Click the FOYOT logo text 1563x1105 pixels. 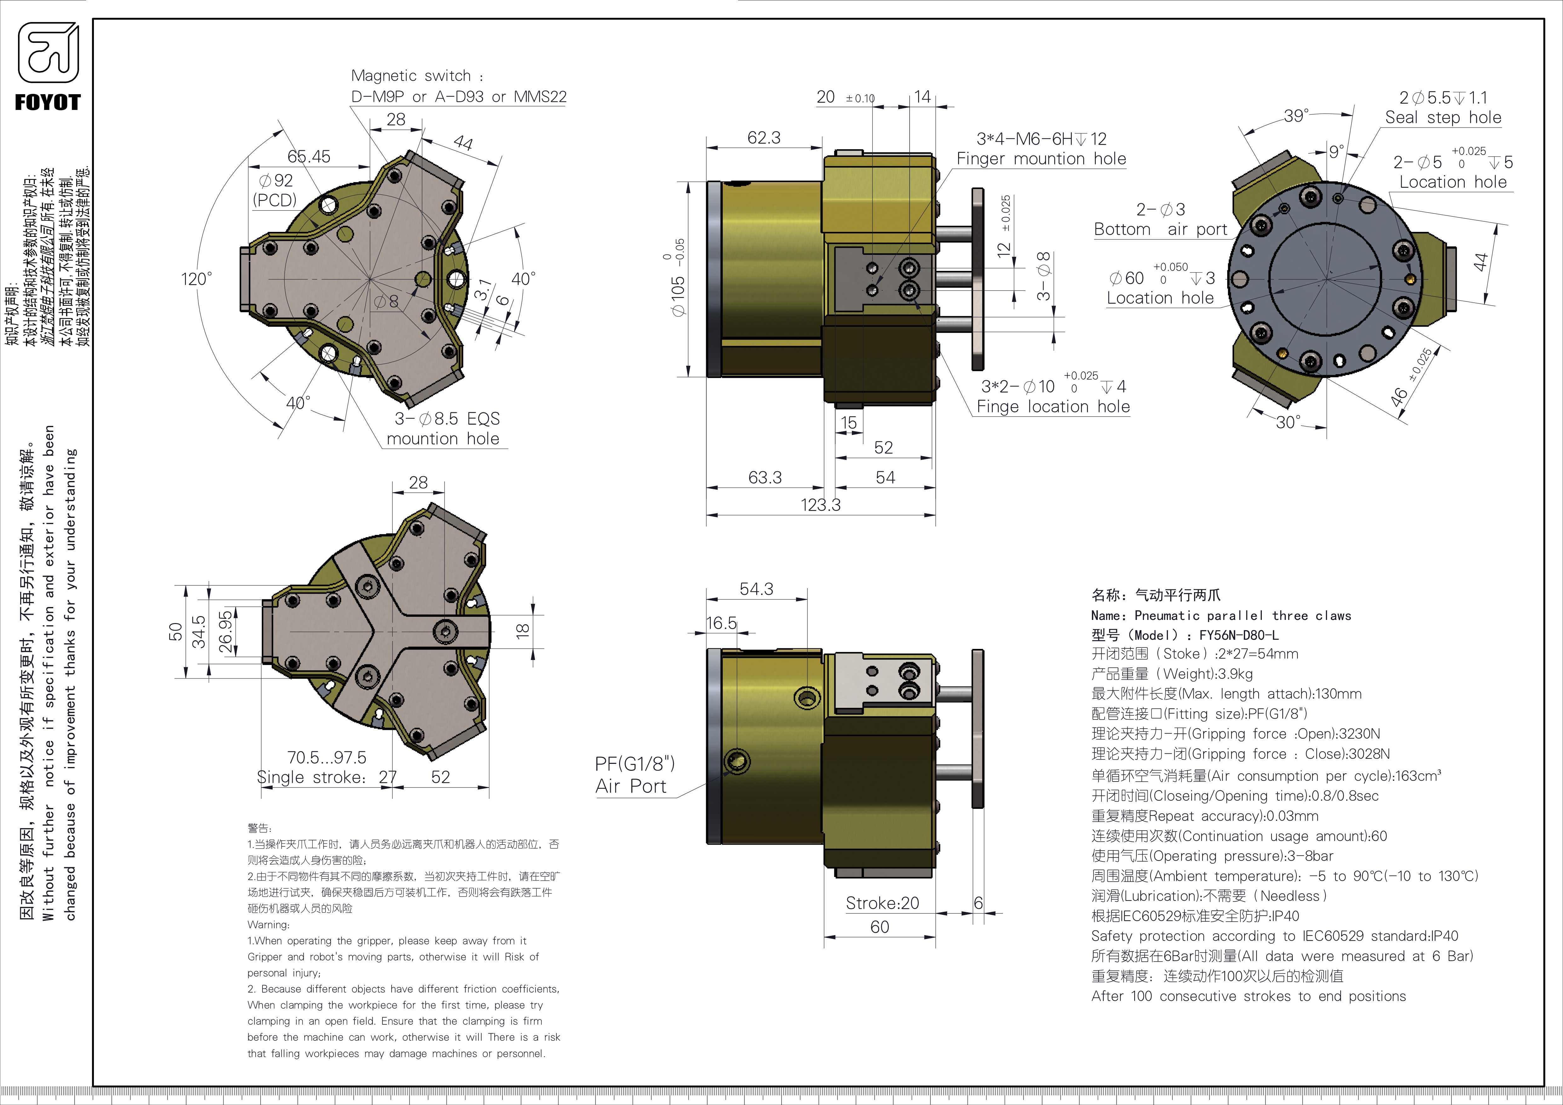pos(48,103)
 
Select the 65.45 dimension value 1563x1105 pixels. pos(308,157)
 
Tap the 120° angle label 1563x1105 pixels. pos(196,279)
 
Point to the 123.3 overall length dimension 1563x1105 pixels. pos(820,505)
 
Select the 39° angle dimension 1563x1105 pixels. pos(1296,116)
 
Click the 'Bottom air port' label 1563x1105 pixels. pos(1159,229)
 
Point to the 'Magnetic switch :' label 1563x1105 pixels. pos(417,76)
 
